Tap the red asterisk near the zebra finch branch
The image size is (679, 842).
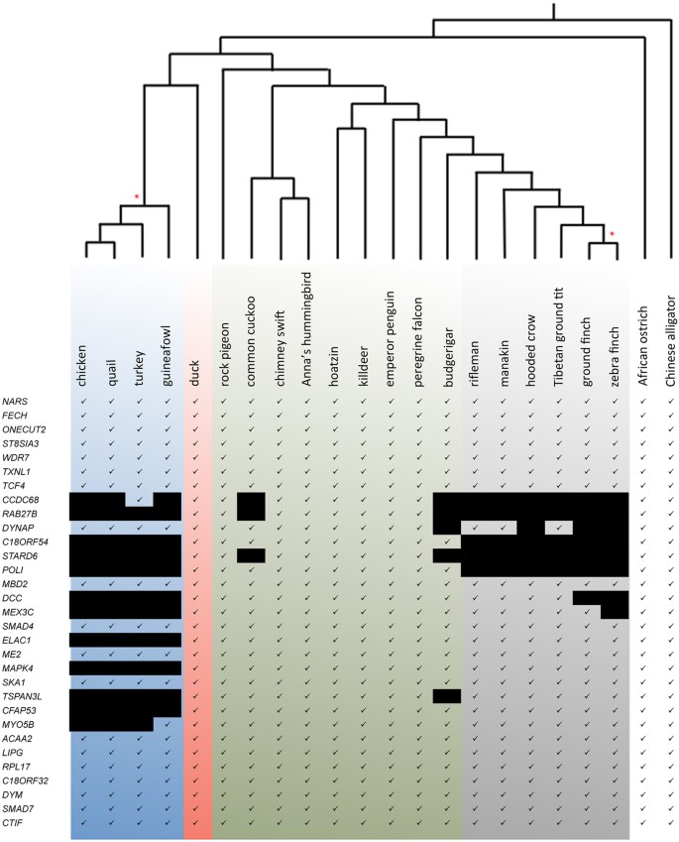click(x=613, y=233)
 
